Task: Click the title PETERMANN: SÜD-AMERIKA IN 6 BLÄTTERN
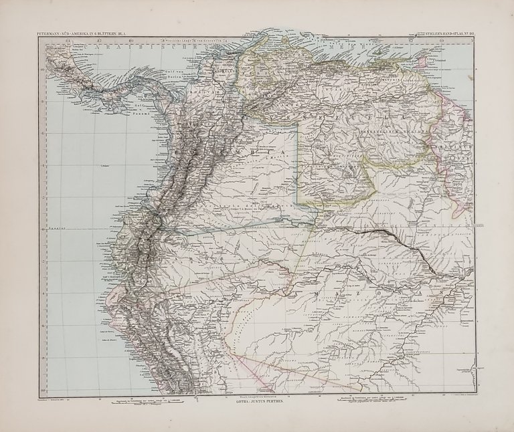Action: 77,33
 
